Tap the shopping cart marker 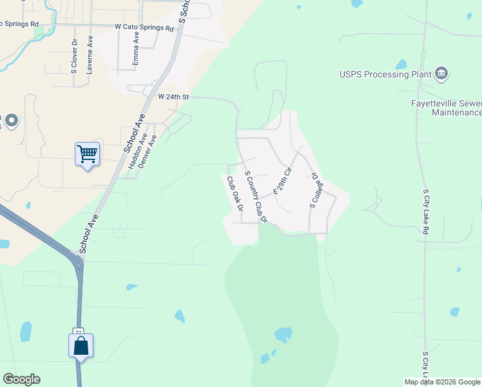87,154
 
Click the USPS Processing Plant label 385,74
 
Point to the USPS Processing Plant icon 441,74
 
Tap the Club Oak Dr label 233,195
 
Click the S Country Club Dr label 255,196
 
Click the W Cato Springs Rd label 144,28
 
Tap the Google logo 21,379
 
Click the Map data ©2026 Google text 441,382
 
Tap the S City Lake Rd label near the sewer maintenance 426,211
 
